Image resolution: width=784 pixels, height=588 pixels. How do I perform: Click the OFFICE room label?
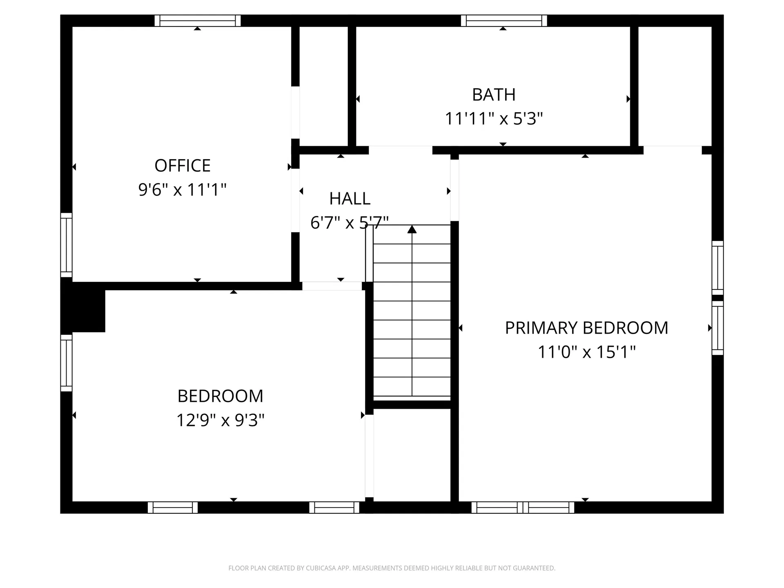click(182, 166)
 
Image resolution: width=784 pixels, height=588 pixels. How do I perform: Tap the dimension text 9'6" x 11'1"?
click(182, 190)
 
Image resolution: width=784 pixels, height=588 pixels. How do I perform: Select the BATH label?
click(494, 95)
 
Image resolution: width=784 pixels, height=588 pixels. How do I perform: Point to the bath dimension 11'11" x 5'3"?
click(494, 119)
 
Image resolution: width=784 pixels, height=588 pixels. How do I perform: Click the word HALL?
click(350, 199)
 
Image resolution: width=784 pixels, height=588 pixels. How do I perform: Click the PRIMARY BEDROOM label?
click(586, 328)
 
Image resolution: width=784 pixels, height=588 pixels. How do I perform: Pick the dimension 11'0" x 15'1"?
click(586, 352)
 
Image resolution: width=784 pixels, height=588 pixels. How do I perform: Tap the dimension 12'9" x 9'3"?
click(220, 420)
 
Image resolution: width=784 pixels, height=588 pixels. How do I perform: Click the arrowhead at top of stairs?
click(412, 229)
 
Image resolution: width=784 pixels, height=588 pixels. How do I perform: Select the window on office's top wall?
click(198, 20)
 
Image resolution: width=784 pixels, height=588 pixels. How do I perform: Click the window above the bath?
click(504, 20)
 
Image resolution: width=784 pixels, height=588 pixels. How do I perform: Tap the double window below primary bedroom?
click(523, 508)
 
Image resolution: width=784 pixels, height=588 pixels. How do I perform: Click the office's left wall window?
click(66, 245)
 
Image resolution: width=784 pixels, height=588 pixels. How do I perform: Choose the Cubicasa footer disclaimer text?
click(392, 568)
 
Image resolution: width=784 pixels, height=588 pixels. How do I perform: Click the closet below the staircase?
click(412, 454)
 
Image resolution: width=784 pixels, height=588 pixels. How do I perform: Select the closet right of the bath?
click(675, 86)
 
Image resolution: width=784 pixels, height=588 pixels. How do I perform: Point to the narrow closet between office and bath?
click(323, 86)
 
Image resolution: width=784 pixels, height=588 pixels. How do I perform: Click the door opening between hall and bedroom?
click(332, 286)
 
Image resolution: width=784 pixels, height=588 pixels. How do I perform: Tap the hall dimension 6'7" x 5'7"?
click(350, 223)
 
